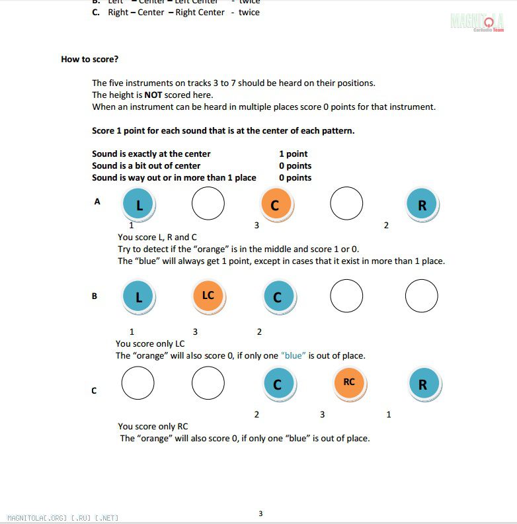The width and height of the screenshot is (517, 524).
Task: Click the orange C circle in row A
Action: (x=276, y=204)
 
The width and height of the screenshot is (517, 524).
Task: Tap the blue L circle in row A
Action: (x=139, y=204)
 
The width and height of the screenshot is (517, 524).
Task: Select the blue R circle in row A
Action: (x=422, y=204)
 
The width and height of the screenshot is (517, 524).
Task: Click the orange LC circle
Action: (x=208, y=296)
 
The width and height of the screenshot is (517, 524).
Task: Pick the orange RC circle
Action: (x=349, y=382)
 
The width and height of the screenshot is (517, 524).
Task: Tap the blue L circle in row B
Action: (x=139, y=296)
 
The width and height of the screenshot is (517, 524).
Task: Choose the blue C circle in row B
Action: (x=278, y=296)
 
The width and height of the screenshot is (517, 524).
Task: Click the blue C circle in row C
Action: (x=278, y=384)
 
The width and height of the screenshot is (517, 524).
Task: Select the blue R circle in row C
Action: (x=422, y=384)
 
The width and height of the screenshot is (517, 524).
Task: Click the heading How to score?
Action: (x=90, y=59)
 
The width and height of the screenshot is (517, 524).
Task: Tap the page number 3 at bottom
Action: (x=260, y=513)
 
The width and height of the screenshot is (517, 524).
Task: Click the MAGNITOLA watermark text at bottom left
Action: (x=63, y=517)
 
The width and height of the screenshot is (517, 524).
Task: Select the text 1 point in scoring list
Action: (x=293, y=153)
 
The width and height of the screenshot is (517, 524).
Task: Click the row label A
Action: (x=97, y=201)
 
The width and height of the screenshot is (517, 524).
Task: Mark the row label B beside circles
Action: (x=95, y=296)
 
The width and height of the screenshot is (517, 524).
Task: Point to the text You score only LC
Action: (x=150, y=343)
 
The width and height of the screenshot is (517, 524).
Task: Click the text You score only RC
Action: (x=153, y=426)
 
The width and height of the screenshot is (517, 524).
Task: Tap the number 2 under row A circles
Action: (x=386, y=225)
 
